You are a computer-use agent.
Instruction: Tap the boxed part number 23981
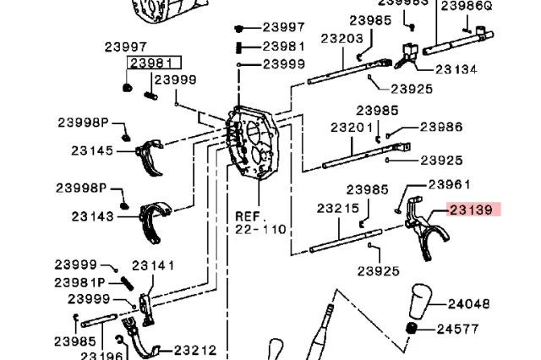(x=150, y=63)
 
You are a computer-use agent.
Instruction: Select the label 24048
(x=468, y=303)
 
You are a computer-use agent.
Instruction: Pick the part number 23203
(x=342, y=38)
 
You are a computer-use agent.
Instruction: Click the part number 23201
(x=352, y=128)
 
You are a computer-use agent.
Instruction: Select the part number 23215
(x=338, y=207)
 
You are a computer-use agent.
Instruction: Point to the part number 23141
(x=153, y=266)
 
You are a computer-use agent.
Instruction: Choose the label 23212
(x=195, y=349)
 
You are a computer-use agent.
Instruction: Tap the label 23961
(x=449, y=183)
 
